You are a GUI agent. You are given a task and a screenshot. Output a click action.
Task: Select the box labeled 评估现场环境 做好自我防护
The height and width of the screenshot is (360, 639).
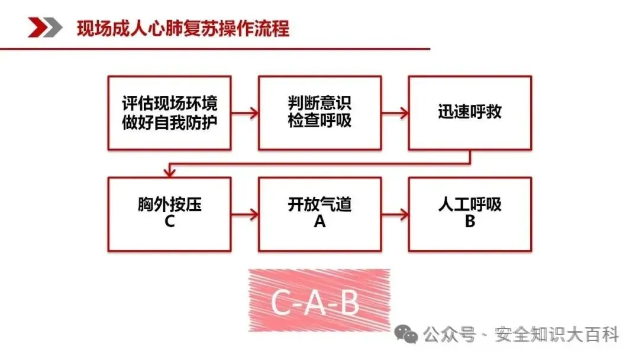pos(169,112)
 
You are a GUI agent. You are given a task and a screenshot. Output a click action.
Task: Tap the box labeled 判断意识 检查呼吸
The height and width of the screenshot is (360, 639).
pos(319,112)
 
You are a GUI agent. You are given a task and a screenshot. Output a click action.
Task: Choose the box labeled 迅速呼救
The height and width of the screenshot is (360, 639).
pos(470,112)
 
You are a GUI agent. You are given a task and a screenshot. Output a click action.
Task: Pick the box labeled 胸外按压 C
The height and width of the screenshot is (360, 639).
pos(169,214)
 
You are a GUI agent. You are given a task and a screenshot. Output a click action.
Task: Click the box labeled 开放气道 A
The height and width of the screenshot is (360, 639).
pos(319,214)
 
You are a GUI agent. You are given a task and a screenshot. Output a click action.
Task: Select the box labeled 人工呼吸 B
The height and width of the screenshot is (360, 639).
pos(470,214)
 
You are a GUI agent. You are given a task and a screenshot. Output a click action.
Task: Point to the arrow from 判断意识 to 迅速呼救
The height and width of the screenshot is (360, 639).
pos(395,112)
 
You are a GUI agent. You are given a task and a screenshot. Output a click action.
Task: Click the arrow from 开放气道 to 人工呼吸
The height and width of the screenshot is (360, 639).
pos(395,214)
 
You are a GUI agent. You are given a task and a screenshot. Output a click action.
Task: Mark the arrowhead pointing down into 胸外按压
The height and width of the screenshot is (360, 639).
pos(170,172)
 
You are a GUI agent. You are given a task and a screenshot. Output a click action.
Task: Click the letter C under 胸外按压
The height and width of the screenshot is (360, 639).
pos(169,222)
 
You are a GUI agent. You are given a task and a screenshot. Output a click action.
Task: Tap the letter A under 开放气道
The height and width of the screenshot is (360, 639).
pos(319,222)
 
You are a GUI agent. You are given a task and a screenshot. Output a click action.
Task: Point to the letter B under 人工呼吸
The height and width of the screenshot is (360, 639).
pos(470,222)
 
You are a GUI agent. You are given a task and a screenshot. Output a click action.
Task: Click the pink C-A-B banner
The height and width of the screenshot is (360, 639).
pos(319,301)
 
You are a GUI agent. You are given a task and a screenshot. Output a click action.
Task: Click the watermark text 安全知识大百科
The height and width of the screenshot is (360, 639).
pos(556,335)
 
